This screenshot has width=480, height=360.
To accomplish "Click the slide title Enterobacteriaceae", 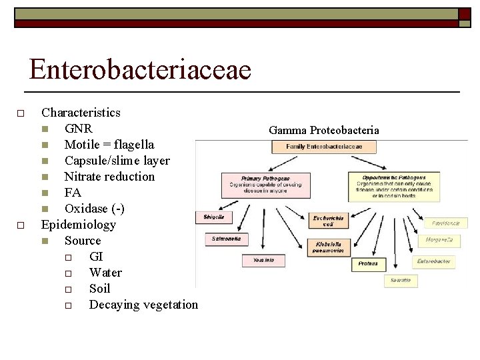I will (x=140, y=69).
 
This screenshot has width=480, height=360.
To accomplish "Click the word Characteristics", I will (x=81, y=112).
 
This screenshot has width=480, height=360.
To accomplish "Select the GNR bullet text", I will (x=78, y=128).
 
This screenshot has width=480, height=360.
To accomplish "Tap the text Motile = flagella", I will (x=109, y=144).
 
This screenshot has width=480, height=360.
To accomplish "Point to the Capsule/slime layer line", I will (x=117, y=160).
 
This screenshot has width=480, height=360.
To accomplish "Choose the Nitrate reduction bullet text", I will (x=109, y=176).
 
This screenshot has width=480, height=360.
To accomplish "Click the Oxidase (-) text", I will (x=94, y=209).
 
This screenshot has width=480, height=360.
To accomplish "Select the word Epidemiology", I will (x=79, y=225).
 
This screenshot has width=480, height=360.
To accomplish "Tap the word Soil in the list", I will (x=99, y=289).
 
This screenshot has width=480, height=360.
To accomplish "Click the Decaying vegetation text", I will (x=143, y=305).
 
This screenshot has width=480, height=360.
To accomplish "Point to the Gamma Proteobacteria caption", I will (x=324, y=130).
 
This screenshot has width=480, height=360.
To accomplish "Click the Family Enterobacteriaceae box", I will (x=324, y=146).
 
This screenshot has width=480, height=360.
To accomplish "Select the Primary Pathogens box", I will (x=265, y=185).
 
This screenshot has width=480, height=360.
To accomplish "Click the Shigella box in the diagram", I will (x=213, y=217).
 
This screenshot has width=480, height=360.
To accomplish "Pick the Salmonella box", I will (x=227, y=238).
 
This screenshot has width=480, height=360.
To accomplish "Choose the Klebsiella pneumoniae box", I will (x=329, y=247).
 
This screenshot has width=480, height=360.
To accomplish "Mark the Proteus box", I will (x=368, y=263).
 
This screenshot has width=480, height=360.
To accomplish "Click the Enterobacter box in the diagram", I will (x=433, y=262).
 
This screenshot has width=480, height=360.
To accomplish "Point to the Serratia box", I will (x=401, y=281).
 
